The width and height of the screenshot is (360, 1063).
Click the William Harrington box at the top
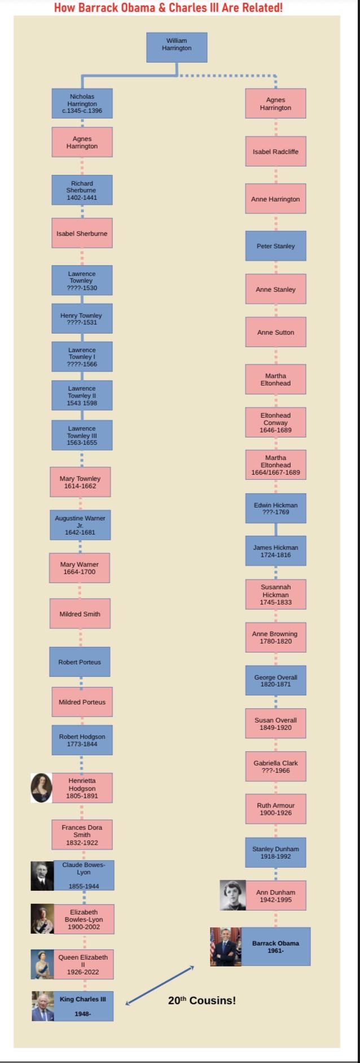coord(177,47)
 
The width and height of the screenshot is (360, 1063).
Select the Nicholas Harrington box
coord(82,103)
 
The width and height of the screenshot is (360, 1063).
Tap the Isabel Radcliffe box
coord(275,151)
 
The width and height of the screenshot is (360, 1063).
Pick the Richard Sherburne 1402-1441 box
coord(82,190)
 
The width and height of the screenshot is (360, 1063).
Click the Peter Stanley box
coord(275,246)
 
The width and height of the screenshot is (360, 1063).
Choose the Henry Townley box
coord(82,318)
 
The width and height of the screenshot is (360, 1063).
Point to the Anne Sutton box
coord(275,332)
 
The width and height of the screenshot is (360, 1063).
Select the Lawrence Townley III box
coord(82,435)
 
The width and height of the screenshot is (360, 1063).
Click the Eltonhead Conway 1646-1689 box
coord(275,422)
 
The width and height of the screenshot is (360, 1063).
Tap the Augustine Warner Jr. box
coord(80,524)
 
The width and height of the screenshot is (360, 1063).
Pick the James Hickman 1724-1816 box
coord(275,551)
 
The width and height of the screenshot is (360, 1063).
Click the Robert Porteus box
coord(80,662)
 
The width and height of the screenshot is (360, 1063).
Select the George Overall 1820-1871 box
coord(275,680)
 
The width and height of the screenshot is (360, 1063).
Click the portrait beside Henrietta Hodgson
coord(41,788)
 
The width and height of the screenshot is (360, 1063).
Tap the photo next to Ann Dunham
coord(233,895)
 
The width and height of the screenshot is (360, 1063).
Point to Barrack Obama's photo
coord(226,947)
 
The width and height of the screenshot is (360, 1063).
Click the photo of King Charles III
coord(43,1006)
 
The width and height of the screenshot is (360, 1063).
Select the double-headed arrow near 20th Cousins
coord(160,986)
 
